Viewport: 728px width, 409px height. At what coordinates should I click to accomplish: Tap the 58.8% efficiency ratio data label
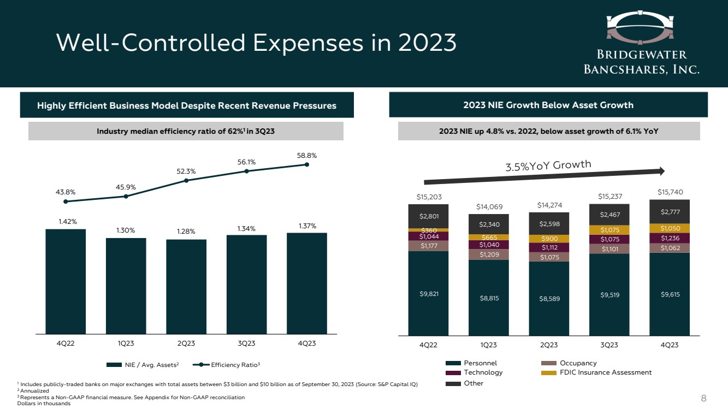pos(307,155)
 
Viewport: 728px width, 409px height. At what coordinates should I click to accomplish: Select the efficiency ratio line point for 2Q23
pos(186,180)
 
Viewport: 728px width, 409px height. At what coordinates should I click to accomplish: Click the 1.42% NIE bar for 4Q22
pos(66,281)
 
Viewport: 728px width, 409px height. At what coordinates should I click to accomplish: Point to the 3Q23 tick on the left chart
pos(246,343)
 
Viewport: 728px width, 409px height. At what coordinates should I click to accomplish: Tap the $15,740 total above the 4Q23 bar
pos(669,192)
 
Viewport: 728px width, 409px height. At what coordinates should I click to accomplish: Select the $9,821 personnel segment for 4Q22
pos(428,293)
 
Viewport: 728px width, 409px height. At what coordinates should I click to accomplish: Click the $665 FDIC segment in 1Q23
pos(488,237)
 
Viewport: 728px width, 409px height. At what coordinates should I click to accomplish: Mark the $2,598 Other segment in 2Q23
pos(549,223)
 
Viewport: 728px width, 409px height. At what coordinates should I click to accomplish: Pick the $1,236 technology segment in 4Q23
pos(669,238)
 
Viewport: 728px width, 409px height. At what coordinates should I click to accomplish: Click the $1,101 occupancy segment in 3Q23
pos(609,250)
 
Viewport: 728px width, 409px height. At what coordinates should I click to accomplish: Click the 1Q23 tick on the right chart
pos(488,345)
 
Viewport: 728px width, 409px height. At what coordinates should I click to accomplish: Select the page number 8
pos(704,398)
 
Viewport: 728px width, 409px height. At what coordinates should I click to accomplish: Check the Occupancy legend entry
pos(569,363)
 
